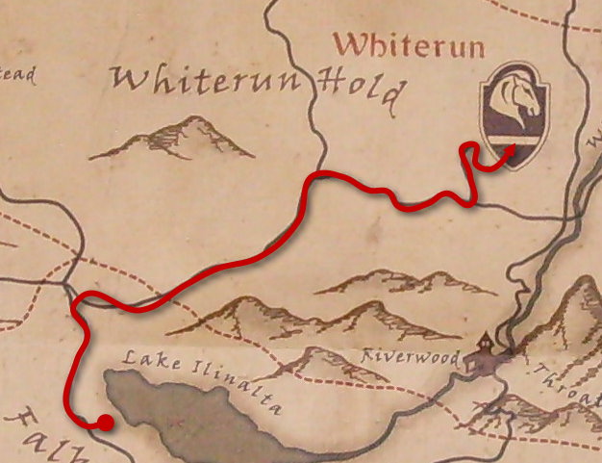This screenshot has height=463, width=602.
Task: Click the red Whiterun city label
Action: (x=409, y=44)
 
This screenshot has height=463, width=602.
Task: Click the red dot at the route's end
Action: (x=105, y=422)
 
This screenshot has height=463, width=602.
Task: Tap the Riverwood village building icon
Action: (x=483, y=354)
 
